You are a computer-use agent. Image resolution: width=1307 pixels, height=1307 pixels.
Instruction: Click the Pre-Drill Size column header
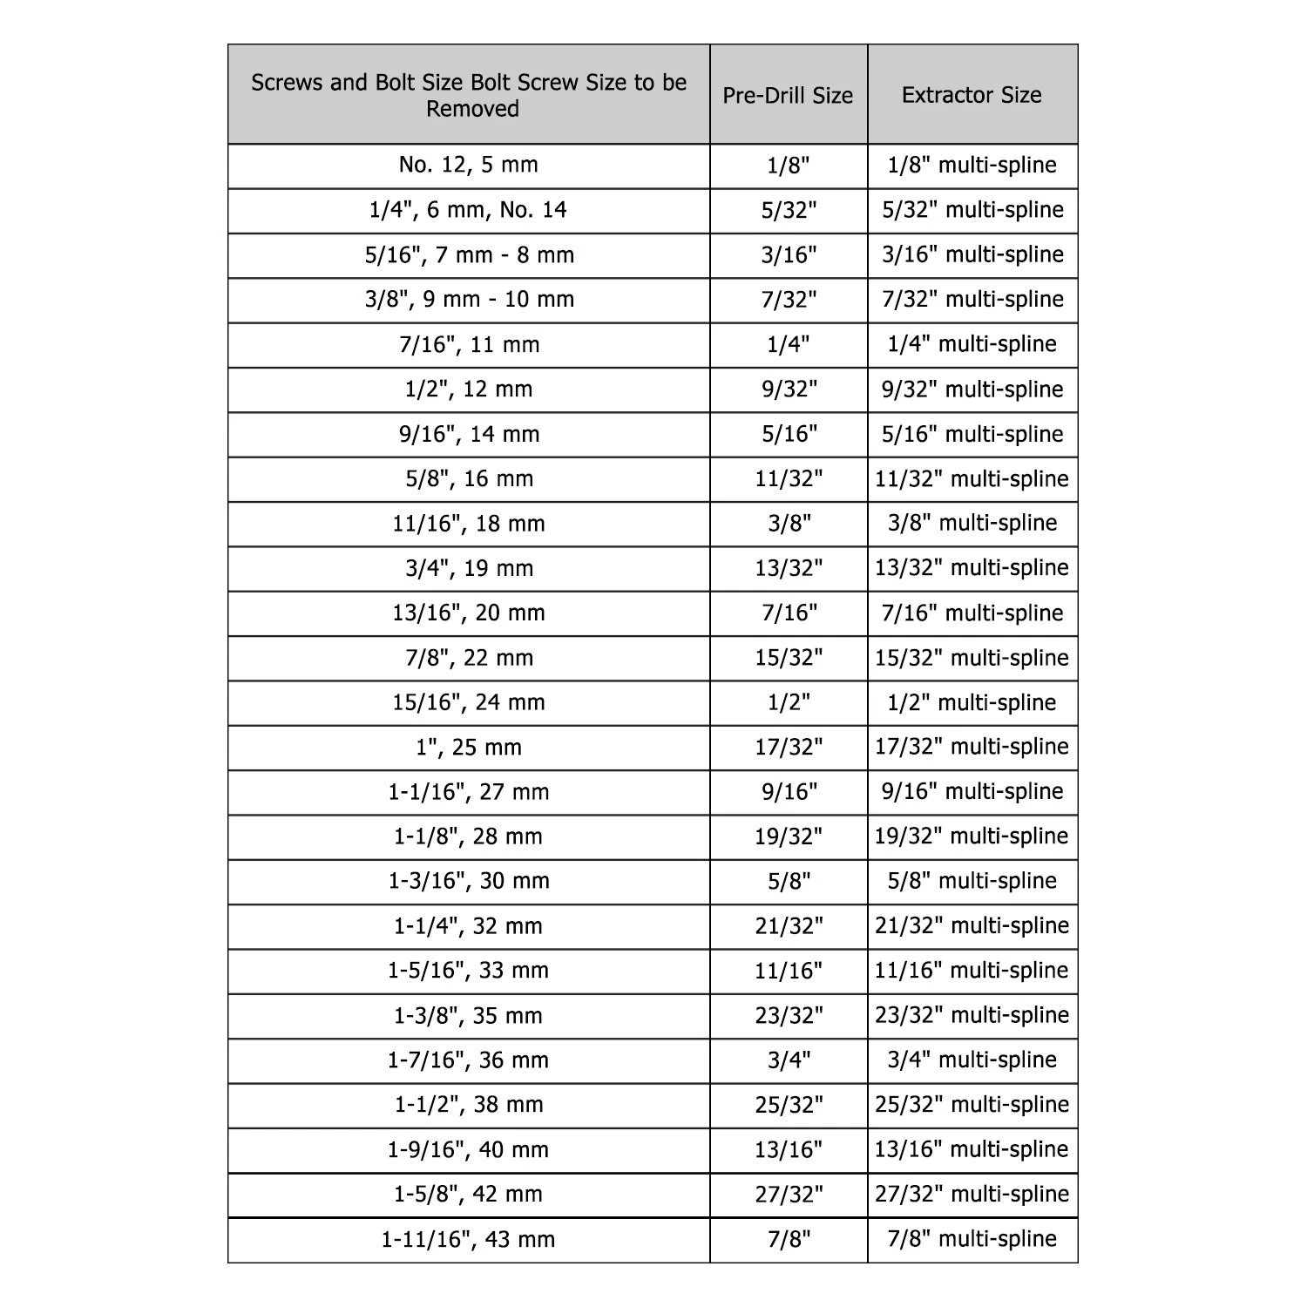[x=788, y=95]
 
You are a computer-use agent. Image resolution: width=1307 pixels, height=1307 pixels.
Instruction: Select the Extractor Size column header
[x=972, y=95]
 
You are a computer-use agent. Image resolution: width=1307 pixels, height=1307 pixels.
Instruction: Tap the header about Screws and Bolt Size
[x=469, y=95]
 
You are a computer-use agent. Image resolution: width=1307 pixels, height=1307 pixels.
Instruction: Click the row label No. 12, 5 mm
[x=469, y=166]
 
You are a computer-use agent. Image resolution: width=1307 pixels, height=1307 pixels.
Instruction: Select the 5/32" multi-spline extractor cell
[x=972, y=210]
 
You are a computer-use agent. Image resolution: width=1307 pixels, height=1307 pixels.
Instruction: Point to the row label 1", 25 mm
[x=469, y=748]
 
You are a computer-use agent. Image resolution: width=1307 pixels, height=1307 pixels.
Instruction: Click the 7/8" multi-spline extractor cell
[x=972, y=1239]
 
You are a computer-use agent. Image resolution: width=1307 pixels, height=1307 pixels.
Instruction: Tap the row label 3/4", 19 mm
[x=469, y=568]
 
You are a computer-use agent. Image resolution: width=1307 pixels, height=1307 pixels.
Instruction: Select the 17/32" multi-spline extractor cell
[x=972, y=747]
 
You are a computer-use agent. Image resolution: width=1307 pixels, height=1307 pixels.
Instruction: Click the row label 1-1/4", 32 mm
[x=469, y=926]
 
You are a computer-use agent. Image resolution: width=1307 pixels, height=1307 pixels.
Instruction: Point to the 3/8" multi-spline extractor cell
[x=972, y=523]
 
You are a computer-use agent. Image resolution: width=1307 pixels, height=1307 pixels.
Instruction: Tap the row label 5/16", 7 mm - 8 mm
[x=469, y=255]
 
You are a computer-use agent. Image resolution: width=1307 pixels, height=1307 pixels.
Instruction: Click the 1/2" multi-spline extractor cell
[x=972, y=702]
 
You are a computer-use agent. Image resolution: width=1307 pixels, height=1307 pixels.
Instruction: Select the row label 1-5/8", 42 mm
[x=469, y=1195]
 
